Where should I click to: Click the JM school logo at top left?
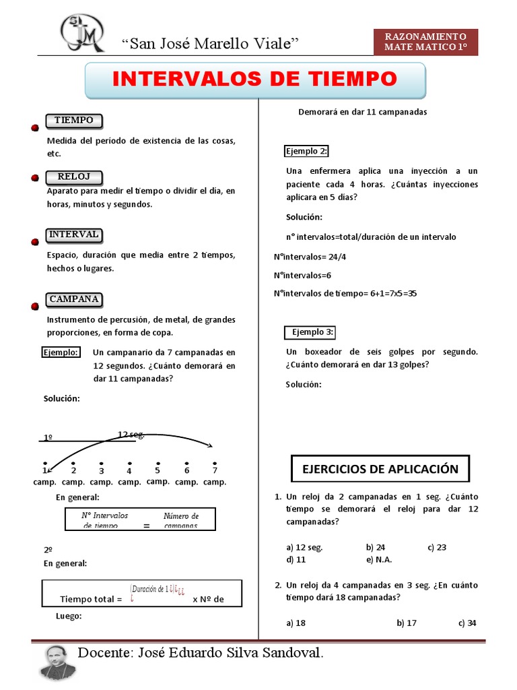[83, 34]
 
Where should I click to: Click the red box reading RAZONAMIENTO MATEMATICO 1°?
[425, 42]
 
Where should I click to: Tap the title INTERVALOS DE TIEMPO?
[254, 80]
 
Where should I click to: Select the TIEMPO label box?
[74, 121]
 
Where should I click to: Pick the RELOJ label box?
[74, 177]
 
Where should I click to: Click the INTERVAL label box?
[74, 234]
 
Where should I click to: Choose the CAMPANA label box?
[74, 299]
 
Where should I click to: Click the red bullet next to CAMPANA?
[34, 306]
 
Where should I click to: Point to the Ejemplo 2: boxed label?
[306, 151]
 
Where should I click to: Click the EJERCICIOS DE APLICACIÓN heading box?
[380, 469]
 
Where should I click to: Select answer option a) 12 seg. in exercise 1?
[304, 547]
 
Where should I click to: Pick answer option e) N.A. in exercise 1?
[379, 559]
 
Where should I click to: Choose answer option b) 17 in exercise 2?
[407, 623]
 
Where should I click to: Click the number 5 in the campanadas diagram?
[158, 470]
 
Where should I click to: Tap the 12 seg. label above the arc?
[131, 434]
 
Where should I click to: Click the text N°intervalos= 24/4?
[310, 256]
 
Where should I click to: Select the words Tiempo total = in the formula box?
[91, 598]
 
